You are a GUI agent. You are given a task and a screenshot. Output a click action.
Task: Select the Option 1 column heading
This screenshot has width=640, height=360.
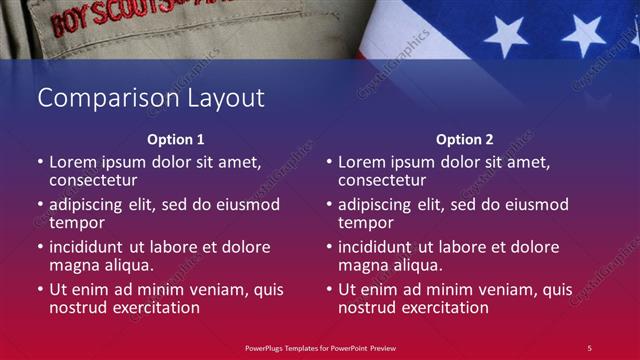click(x=175, y=140)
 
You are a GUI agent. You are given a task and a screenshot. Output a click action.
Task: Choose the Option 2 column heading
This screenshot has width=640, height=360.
click(x=464, y=140)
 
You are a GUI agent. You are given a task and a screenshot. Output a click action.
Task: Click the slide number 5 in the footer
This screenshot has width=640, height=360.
click(x=589, y=347)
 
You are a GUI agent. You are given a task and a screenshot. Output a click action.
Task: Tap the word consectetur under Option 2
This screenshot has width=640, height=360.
click(x=381, y=181)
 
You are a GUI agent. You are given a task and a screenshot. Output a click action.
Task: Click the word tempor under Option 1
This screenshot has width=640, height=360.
click(x=76, y=223)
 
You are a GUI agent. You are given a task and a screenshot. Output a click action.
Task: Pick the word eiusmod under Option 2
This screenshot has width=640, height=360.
click(x=535, y=205)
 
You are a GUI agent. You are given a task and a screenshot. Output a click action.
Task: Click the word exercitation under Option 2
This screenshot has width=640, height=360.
click(x=444, y=308)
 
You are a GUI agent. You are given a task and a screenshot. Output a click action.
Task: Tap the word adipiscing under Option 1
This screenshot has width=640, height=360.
click(x=91, y=205)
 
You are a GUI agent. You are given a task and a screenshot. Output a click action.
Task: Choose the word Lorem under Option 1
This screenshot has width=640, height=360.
click(x=73, y=162)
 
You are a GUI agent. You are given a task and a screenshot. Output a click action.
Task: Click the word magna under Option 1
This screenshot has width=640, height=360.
click(x=73, y=265)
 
